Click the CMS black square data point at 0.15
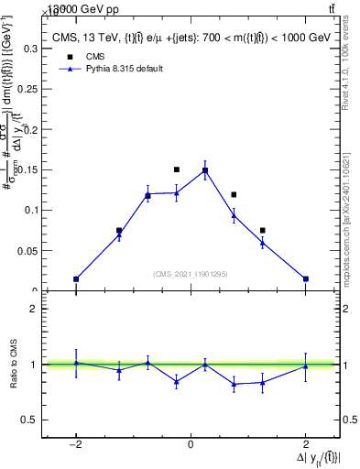point(177,169)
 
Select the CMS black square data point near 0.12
point(234,194)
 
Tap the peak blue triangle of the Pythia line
point(205,170)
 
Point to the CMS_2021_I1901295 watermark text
point(191,274)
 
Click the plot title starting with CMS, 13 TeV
point(191,37)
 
